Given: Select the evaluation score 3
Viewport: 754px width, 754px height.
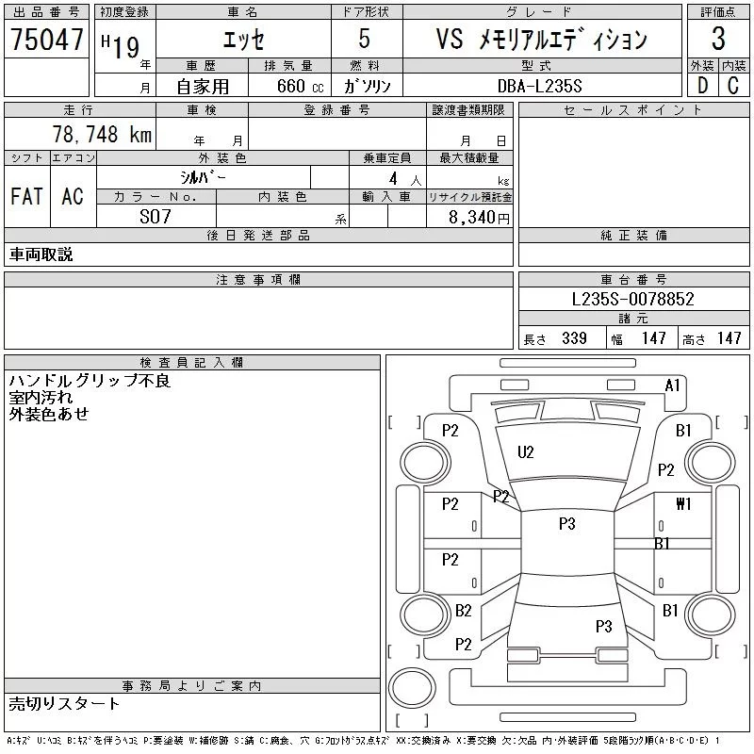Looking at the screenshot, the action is pyautogui.click(x=718, y=40).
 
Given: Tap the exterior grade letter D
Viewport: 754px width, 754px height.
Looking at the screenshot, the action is pyautogui.click(x=702, y=85).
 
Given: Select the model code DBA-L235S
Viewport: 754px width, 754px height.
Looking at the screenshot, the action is pyautogui.click(x=540, y=85).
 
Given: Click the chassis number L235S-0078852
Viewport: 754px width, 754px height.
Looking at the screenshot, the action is pyautogui.click(x=633, y=299).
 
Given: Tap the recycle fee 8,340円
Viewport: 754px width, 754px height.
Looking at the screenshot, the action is pyautogui.click(x=482, y=218).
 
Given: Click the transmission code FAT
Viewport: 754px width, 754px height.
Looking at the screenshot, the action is pyautogui.click(x=26, y=197).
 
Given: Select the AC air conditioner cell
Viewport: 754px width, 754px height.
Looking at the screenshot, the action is pyautogui.click(x=72, y=197).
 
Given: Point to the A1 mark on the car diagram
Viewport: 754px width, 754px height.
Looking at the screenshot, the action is pyautogui.click(x=673, y=385).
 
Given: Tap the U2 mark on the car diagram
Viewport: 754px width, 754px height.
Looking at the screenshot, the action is pyautogui.click(x=526, y=452).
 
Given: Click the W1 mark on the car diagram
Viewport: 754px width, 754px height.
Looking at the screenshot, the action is pyautogui.click(x=683, y=504).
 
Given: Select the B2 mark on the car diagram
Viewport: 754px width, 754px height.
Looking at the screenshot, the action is pyautogui.click(x=463, y=611).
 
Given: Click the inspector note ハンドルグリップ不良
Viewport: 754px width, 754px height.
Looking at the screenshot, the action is pyautogui.click(x=90, y=382).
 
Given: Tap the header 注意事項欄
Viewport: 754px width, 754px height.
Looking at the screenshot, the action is pyautogui.click(x=258, y=279).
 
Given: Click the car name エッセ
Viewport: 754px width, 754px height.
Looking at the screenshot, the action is pyautogui.click(x=242, y=40).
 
